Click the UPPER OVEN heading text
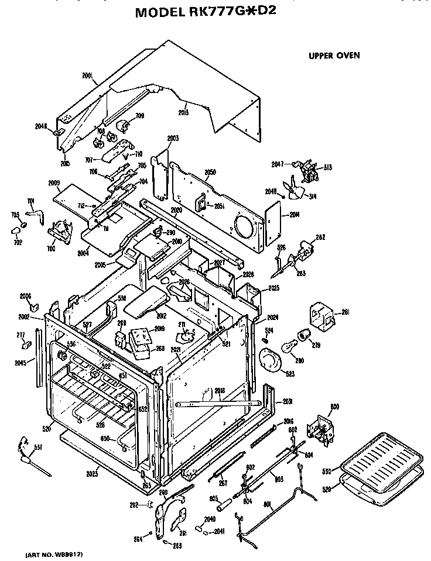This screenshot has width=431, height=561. (x=334, y=56)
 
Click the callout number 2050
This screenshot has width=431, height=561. (x=210, y=172)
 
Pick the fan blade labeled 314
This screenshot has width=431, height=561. (x=293, y=189)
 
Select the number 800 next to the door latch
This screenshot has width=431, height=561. (x=335, y=407)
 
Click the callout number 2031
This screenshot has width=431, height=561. (x=287, y=401)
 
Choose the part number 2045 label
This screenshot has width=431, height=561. (x=20, y=363)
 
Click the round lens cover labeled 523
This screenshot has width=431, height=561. (x=271, y=360)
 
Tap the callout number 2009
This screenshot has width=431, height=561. (x=54, y=183)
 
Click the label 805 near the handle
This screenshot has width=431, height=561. (x=214, y=498)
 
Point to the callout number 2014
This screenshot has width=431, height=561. (x=294, y=215)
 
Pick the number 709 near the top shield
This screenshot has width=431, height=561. (x=139, y=116)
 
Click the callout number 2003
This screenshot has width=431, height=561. (x=172, y=139)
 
